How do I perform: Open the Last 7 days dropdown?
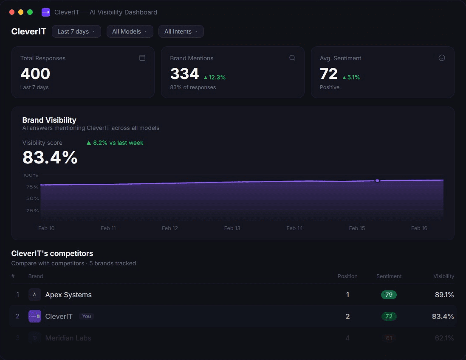76,31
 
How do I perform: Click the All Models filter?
130,31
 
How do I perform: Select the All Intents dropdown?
181,31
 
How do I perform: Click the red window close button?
12,12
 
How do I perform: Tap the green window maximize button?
30,12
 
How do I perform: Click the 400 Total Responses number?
35,74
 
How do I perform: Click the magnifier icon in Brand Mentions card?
292,58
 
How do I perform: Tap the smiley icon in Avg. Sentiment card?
442,58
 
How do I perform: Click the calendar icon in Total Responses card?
142,58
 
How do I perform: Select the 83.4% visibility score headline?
50,157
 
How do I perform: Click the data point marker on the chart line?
377,180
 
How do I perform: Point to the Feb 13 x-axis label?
232,228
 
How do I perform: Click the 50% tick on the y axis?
33,198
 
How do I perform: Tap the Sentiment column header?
389,276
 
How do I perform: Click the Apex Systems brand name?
68,295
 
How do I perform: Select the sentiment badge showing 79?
389,295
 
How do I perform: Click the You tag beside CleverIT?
87,316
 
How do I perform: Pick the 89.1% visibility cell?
444,295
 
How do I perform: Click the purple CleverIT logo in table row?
35,316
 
